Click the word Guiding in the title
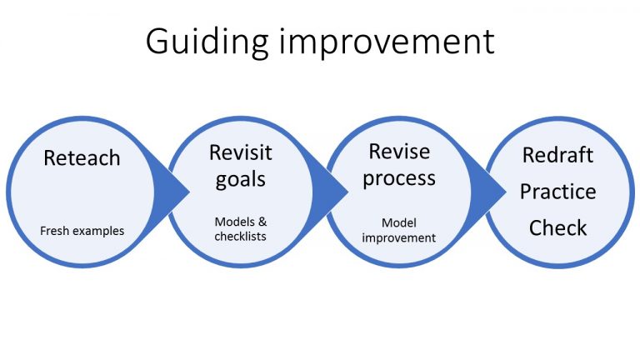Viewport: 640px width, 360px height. click(x=207, y=42)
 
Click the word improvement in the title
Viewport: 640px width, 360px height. click(x=387, y=41)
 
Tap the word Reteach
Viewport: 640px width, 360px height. click(x=82, y=158)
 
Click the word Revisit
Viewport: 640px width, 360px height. click(x=240, y=152)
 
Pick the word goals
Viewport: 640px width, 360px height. click(x=240, y=180)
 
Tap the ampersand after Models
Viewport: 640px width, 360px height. click(x=262, y=222)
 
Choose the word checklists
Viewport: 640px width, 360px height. click(x=240, y=236)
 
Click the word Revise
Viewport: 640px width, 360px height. click(x=399, y=152)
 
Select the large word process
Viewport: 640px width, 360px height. click(x=399, y=179)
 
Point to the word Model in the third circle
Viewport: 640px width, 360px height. click(x=399, y=222)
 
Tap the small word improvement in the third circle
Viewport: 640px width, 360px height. click(x=399, y=238)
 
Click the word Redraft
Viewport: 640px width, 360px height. click(x=557, y=155)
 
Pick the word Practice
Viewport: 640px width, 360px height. click(x=558, y=192)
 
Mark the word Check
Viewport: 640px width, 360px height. click(x=558, y=227)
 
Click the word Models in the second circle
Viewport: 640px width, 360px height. click(x=235, y=222)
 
